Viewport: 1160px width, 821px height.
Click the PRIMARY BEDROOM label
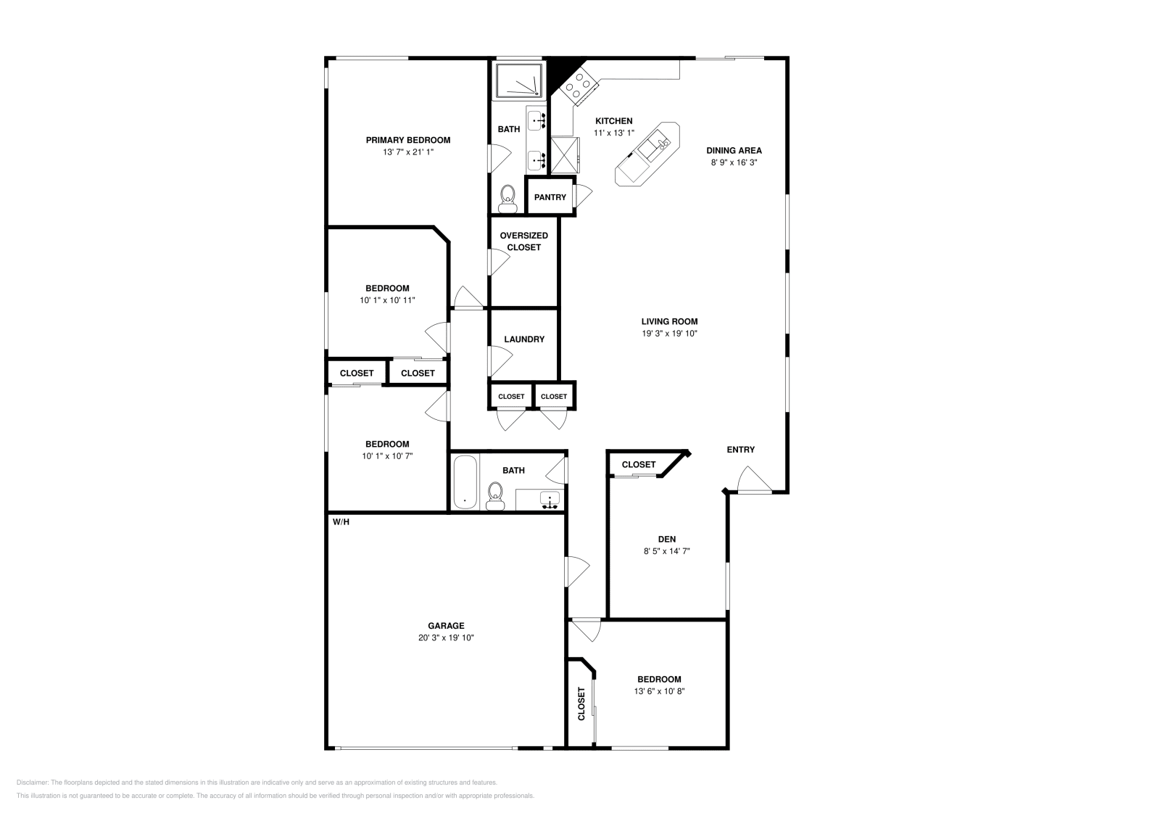[407, 140]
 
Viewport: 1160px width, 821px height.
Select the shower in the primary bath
[518, 81]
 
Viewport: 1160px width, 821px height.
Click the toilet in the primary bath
[507, 197]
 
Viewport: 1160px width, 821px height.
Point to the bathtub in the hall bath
[464, 482]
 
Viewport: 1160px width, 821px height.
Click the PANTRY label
[550, 197]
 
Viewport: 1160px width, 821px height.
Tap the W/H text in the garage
[341, 522]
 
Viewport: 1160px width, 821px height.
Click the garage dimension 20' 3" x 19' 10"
[446, 638]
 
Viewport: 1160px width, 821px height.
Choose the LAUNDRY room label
[523, 339]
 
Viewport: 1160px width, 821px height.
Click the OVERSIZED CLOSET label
[523, 242]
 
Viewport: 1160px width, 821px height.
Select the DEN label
[666, 539]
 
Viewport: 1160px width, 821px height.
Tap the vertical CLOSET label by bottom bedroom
[581, 704]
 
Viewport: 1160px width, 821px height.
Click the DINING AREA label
[734, 151]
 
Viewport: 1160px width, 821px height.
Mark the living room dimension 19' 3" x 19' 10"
[668, 334]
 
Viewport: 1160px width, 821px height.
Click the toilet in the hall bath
[495, 495]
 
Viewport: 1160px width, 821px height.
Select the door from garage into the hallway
[578, 571]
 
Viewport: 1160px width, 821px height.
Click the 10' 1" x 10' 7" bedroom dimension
[387, 456]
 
